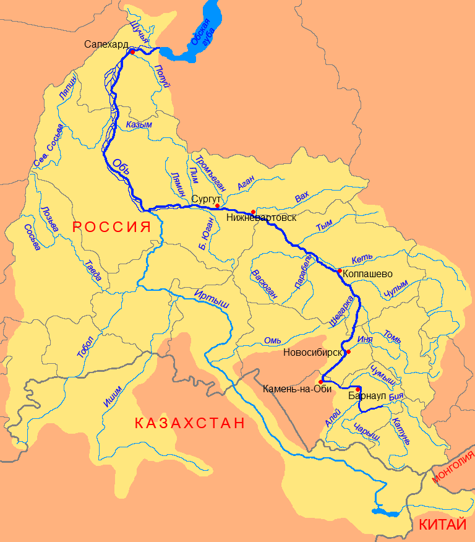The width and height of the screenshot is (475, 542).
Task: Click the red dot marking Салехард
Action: pos(132,52)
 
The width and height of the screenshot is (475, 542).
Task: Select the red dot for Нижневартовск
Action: pos(253,212)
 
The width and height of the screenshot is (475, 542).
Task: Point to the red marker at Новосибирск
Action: pos(349,352)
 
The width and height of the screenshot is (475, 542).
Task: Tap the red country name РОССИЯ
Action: pos(112,226)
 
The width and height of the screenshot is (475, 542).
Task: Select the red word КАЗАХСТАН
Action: pos(189,424)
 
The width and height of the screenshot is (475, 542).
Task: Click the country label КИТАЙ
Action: pos(442,525)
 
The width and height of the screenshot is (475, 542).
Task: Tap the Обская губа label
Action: pos(202,37)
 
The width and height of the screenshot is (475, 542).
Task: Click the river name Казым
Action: pos(139,124)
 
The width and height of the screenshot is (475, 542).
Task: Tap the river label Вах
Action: pos(302,197)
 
